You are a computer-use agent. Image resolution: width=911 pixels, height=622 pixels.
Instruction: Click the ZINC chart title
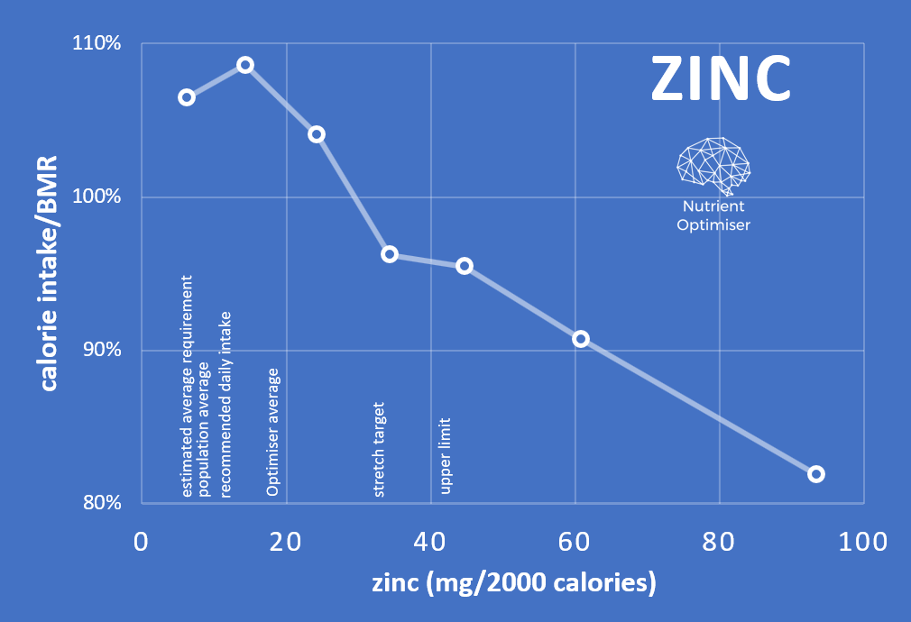click(721, 79)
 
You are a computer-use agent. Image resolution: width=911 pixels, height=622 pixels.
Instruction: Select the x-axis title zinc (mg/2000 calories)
click(513, 582)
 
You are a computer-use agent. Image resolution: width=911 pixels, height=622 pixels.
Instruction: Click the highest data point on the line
click(245, 65)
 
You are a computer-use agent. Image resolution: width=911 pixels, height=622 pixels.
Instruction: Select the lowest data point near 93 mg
click(816, 474)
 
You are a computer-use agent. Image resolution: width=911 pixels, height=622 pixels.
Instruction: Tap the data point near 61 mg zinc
click(581, 339)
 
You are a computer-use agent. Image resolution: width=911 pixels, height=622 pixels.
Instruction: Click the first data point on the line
click(187, 97)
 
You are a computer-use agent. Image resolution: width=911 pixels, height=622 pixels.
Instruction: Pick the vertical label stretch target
click(380, 449)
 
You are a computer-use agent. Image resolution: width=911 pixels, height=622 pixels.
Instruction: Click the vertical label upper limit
click(446, 456)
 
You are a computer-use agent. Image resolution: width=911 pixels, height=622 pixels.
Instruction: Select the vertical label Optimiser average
click(272, 432)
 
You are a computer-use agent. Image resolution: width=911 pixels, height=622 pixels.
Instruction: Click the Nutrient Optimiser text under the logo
click(713, 217)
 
